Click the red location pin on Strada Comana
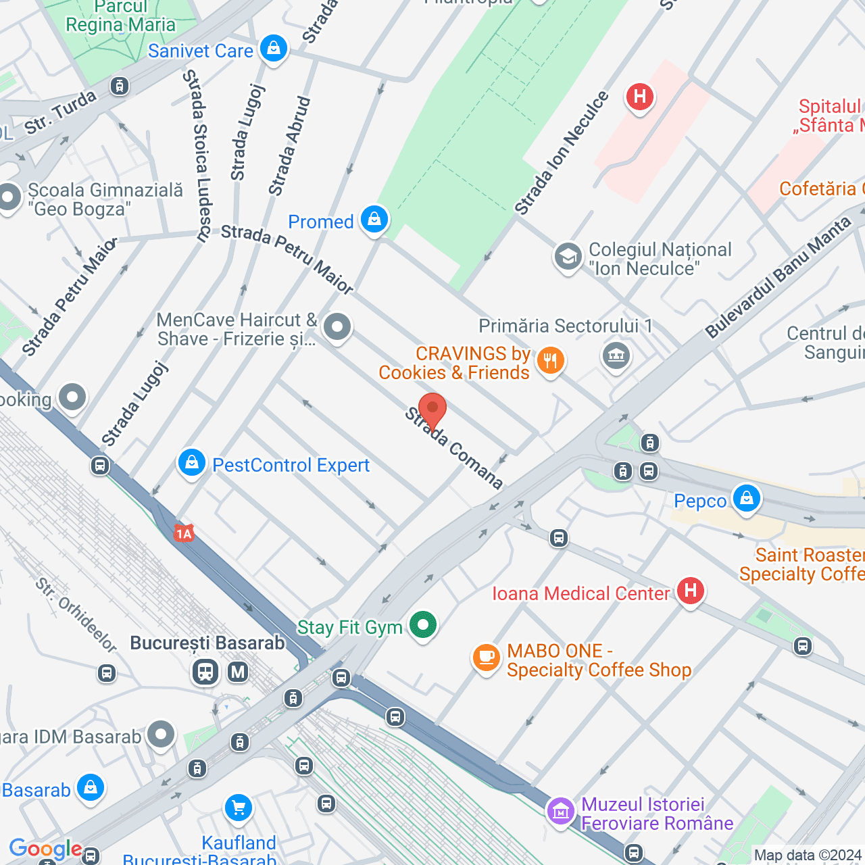pos(432,410)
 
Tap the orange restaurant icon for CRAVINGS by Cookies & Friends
pos(550,361)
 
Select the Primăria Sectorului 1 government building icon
pos(616,355)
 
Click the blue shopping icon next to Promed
pos(374,220)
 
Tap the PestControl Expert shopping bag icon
pos(192,464)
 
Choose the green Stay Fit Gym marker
pos(423,625)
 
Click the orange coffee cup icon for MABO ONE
pos(485,657)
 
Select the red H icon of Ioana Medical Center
pos(690,591)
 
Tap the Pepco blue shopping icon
pos(746,499)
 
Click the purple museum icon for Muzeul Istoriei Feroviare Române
pos(561,810)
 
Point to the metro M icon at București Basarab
pos(238,672)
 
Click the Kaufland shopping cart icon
pos(238,808)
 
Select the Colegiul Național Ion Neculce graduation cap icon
pos(568,257)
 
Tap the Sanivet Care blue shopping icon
pos(274,49)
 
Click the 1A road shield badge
pos(184,534)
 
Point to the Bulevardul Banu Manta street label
pos(778,278)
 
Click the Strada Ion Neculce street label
pos(561,153)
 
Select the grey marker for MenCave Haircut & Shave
pos(337,328)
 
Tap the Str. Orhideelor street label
pos(76,615)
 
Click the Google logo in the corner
pos(45,849)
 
